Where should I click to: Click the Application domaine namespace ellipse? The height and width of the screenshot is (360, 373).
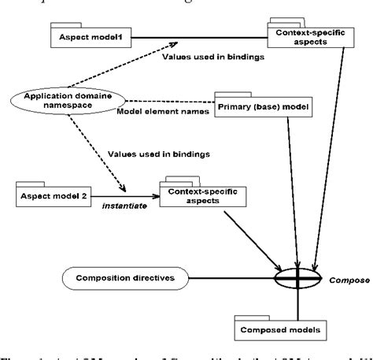tap(64, 105)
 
